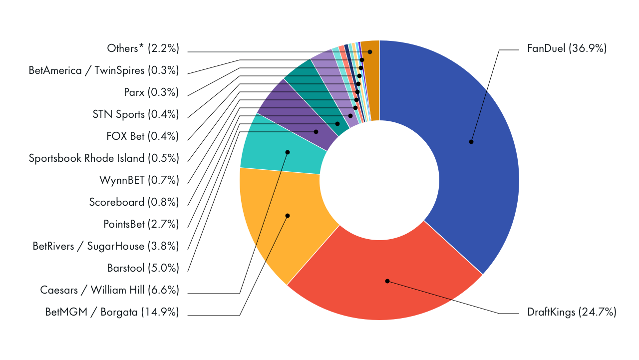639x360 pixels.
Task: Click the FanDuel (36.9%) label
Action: tap(567, 49)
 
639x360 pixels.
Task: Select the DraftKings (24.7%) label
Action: tap(572, 313)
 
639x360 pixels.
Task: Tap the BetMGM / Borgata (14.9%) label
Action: tap(112, 313)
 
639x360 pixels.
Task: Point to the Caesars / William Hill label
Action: tap(109, 290)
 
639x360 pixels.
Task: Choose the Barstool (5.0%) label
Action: tap(143, 268)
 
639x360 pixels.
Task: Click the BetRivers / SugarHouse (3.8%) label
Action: tap(106, 246)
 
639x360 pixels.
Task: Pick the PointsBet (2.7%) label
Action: tap(141, 224)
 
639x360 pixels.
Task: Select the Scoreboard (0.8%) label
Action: tap(134, 202)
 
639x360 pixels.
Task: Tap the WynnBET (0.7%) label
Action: tap(139, 180)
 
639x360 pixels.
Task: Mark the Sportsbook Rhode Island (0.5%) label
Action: tap(104, 158)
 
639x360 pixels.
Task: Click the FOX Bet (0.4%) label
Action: tap(142, 136)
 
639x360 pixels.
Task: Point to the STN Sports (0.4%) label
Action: tap(136, 114)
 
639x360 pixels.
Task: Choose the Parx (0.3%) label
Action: tap(151, 92)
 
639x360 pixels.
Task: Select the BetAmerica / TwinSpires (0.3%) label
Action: tap(104, 70)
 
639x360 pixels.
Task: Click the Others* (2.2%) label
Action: tap(143, 49)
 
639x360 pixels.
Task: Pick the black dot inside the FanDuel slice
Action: tap(471, 142)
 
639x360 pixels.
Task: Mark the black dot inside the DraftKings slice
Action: tap(387, 281)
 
